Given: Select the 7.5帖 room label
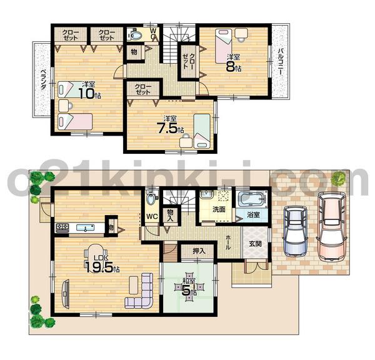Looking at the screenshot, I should (169, 126).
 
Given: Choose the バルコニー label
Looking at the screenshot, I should (282, 63).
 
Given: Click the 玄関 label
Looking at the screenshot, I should (256, 244).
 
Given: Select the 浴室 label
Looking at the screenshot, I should (253, 214).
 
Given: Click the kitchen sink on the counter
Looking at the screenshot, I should (81, 227).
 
